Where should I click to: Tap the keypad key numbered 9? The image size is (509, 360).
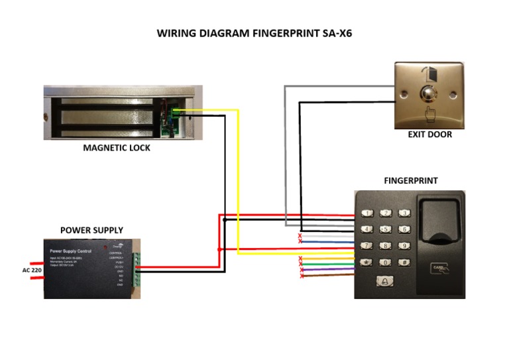coord(402,246)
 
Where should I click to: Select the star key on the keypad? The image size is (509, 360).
coord(367,263)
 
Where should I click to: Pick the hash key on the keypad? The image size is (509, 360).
coord(402,263)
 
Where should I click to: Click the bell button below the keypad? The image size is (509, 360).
coord(384,282)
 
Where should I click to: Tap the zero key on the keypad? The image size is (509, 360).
coord(384,263)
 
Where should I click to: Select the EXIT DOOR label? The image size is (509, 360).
coord(429,135)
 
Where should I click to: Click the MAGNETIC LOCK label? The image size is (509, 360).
coord(117,148)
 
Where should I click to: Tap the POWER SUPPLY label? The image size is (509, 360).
coord(91,230)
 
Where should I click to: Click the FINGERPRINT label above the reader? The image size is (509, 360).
coord(410,180)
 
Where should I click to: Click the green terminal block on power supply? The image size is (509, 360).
coord(137,269)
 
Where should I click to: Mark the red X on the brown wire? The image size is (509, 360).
coord(302,276)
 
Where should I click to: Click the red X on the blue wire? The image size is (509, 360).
coord(300,241)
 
